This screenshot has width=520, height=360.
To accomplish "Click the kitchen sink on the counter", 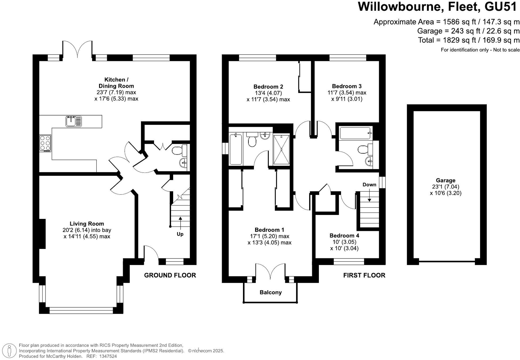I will pyautogui.click(x=74, y=121).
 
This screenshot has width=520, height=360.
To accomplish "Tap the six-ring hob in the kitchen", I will pyautogui.click(x=45, y=143).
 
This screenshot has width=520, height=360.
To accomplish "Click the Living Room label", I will pyautogui.click(x=87, y=224).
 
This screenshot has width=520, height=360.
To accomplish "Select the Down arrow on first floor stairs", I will pyautogui.click(x=369, y=195).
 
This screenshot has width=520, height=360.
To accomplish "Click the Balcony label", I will pyautogui.click(x=270, y=292).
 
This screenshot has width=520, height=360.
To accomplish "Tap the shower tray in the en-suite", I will pyautogui.click(x=281, y=149).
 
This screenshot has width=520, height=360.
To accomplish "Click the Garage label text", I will pyautogui.click(x=445, y=180).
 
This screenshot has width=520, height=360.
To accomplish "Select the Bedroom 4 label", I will pyautogui.click(x=344, y=235).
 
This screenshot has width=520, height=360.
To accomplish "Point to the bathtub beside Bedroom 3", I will pyautogui.click(x=355, y=133).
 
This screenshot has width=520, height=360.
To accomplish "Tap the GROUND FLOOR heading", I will pyautogui.click(x=170, y=275).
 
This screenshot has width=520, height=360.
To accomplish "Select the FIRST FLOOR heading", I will pyautogui.click(x=364, y=275).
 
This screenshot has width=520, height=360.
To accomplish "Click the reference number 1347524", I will pyautogui.click(x=108, y=356).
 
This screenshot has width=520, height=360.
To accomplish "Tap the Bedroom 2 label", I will pyautogui.click(x=268, y=87).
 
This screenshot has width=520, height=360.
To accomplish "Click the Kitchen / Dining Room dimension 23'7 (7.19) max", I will pyautogui.click(x=116, y=92).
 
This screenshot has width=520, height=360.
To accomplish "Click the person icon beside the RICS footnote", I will pyautogui.click(x=10, y=350).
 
